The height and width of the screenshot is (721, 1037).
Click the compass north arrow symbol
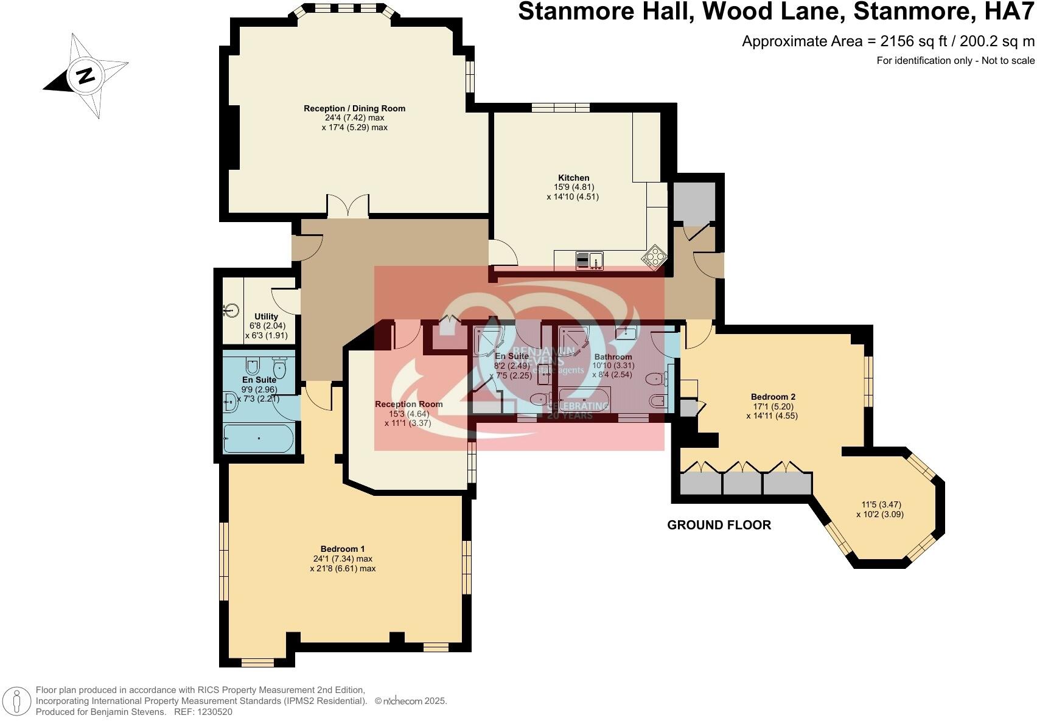[x=85, y=75]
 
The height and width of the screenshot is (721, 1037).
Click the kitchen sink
[x=588, y=260]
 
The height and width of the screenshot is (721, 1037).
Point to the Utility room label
[x=266, y=316]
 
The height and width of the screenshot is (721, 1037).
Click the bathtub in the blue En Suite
[x=259, y=438]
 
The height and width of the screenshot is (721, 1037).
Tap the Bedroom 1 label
[x=343, y=549]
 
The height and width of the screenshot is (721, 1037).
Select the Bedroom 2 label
[x=773, y=397]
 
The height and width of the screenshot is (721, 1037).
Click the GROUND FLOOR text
[x=719, y=525]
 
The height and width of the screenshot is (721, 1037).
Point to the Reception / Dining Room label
[x=354, y=108]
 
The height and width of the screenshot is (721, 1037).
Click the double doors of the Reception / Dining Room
[x=347, y=206]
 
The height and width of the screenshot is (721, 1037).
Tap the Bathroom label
[x=613, y=357]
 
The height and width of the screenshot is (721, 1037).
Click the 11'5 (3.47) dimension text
[x=881, y=504]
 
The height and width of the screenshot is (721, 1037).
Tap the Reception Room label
[x=408, y=404]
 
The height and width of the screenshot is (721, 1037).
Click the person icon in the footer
[x=18, y=702]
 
